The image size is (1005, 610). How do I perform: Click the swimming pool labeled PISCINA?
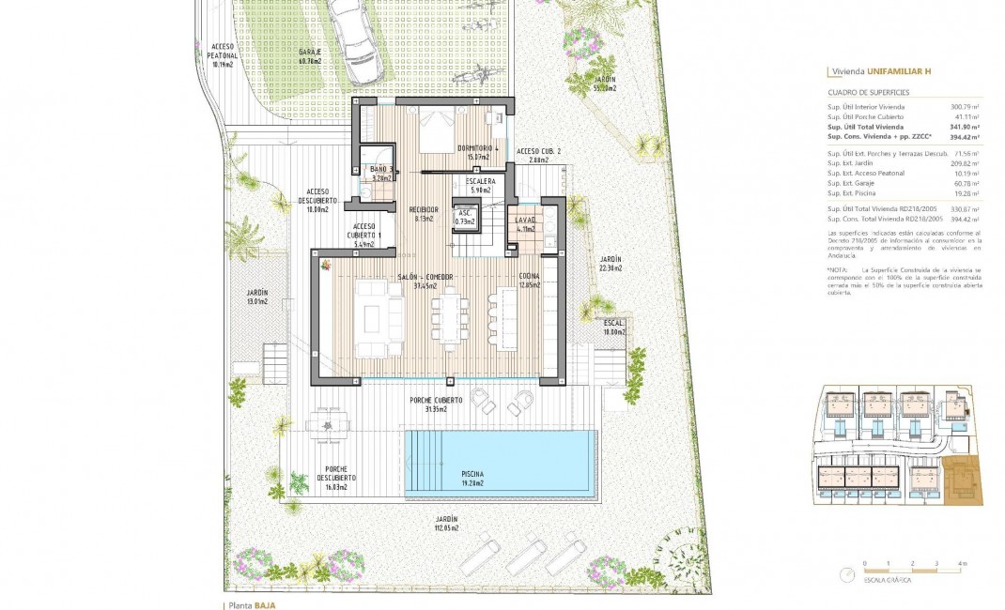(500, 464)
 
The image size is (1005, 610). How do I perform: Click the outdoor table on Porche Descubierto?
(326, 424)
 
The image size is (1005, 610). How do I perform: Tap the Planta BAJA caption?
(250, 605)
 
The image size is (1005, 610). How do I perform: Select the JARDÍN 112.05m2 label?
(446, 524)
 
